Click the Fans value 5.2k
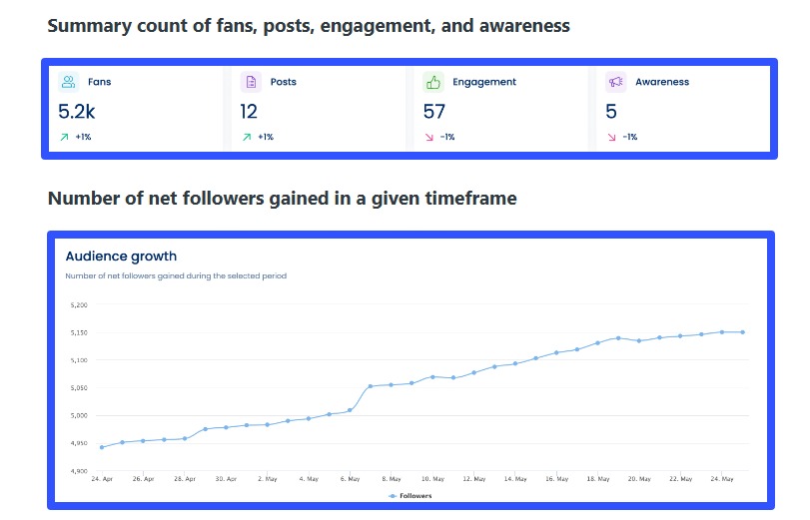(77, 112)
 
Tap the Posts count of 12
(249, 112)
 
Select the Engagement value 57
(434, 112)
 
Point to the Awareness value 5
(611, 112)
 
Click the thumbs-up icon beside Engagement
(432, 82)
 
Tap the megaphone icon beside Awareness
(615, 82)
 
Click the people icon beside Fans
(68, 82)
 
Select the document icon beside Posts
(251, 82)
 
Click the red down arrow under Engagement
(429, 137)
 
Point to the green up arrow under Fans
(64, 137)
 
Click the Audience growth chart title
(121, 257)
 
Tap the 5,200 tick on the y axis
(79, 305)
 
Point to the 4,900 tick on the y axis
(79, 470)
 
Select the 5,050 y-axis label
(79, 387)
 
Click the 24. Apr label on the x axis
(102, 479)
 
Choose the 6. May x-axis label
(350, 479)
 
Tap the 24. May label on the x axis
(722, 479)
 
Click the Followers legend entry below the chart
(410, 495)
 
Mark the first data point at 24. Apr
(102, 447)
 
